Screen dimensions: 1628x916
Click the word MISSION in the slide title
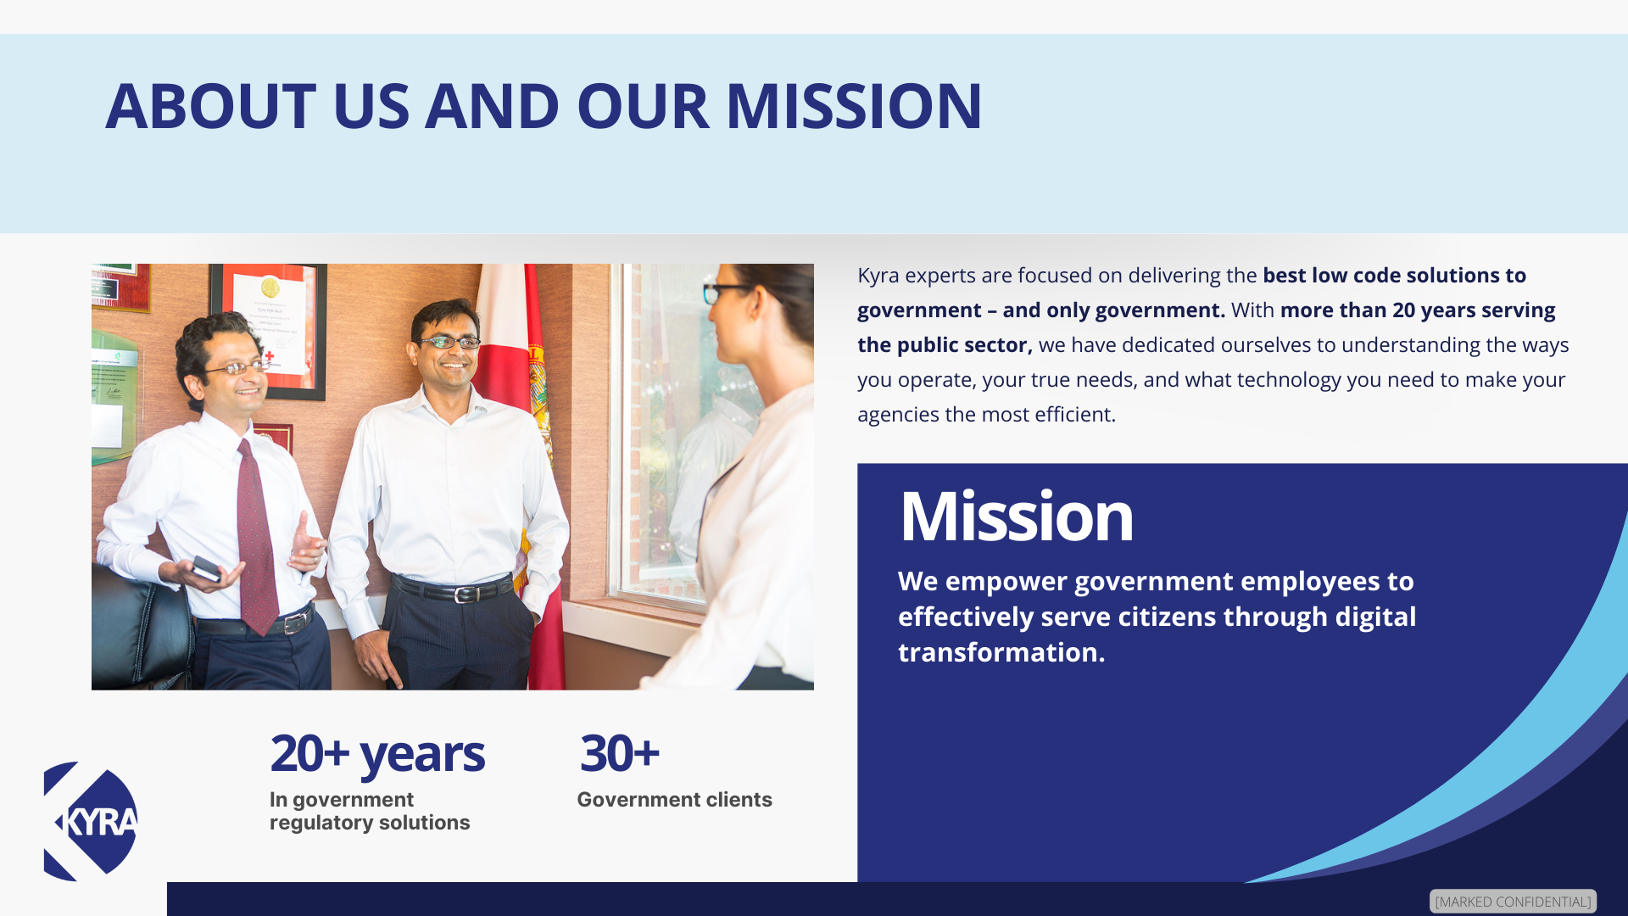click(854, 106)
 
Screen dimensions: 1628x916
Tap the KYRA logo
click(91, 821)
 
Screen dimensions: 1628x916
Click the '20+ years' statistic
click(377, 753)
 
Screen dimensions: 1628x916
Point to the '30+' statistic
click(619, 752)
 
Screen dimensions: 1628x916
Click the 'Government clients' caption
click(674, 799)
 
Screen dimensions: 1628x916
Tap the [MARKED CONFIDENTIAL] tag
click(1513, 901)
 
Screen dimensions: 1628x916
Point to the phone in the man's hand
click(206, 567)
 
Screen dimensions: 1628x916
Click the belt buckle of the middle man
click(462, 594)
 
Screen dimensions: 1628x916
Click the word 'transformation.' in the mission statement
click(1001, 652)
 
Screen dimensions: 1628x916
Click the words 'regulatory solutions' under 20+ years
click(370, 823)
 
